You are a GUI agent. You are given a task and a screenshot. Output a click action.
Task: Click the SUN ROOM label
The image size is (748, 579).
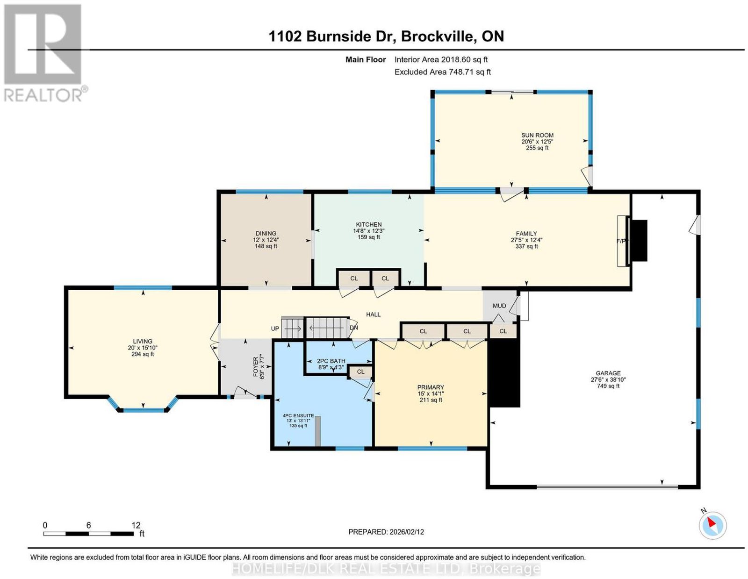537,135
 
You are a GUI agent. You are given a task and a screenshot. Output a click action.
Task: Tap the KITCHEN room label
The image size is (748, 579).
369,225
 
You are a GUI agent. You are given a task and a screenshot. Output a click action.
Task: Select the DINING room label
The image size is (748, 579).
266,234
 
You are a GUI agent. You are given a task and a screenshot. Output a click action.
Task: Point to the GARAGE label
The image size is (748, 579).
608,373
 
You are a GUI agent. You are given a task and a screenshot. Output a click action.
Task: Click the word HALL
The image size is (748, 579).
373,315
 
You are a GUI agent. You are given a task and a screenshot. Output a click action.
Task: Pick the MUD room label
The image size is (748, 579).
499,306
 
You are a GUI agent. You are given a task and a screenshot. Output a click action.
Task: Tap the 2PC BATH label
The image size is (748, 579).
331,361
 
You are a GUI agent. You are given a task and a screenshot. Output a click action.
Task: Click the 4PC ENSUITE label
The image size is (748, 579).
298,415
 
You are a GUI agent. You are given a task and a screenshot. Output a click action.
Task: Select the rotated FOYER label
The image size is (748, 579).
256,367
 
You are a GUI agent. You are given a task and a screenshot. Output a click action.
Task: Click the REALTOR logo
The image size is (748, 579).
45,53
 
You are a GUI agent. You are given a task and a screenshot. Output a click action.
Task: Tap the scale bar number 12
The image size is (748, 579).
136,525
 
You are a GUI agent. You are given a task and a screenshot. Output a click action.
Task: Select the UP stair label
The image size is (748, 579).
275,329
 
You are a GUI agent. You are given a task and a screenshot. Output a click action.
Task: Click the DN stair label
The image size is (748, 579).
354,328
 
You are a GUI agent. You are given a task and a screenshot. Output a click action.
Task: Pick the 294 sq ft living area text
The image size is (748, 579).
143,354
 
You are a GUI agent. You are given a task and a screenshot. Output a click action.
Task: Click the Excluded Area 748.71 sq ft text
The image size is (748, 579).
442,72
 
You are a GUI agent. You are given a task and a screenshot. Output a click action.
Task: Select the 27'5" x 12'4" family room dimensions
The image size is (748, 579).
526,240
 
